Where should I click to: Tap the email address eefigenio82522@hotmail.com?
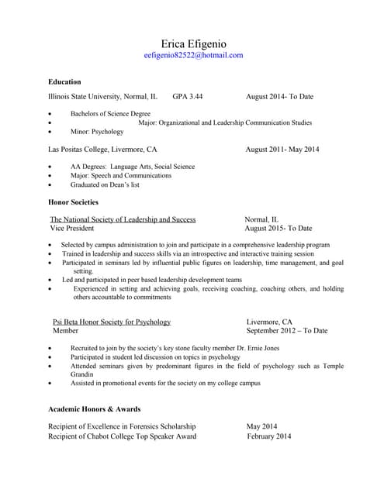click(193, 56)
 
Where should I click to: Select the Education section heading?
click(64, 81)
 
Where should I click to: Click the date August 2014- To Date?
click(279, 97)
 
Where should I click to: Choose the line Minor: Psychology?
click(96, 132)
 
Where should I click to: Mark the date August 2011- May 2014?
click(282, 150)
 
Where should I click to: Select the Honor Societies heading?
click(73, 202)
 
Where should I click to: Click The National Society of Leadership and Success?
click(123, 219)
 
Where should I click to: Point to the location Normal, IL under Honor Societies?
click(262, 219)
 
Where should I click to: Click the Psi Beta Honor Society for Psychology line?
click(112, 322)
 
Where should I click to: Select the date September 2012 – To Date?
click(286, 331)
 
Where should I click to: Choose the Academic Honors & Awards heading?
click(94, 408)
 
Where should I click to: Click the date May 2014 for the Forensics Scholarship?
click(261, 426)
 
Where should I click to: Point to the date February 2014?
click(268, 436)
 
